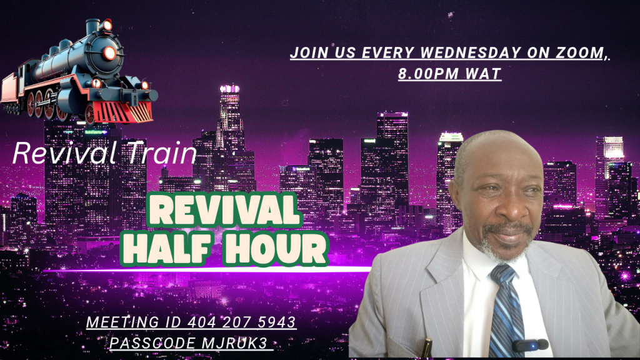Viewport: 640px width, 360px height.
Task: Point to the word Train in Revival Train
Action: tap(162, 153)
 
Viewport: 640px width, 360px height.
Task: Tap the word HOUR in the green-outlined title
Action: tap(276, 248)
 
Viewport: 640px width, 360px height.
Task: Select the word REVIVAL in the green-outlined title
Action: tap(224, 210)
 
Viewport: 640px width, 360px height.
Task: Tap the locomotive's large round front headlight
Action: tap(109, 53)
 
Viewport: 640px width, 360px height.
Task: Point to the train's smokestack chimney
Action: tap(92, 26)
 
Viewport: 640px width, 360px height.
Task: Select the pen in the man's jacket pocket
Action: tap(427, 347)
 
